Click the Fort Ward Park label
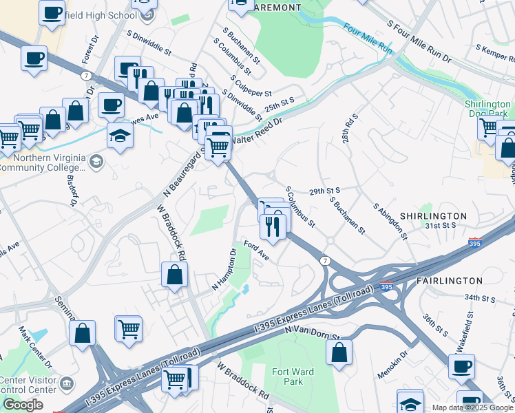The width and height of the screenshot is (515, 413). tap(293, 377)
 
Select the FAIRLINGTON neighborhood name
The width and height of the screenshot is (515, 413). tap(450, 281)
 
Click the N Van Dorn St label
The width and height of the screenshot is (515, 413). tap(312, 333)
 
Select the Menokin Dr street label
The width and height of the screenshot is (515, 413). tap(392, 366)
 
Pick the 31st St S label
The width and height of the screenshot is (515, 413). tap(441, 225)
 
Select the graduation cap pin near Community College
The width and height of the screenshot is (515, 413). tap(120, 135)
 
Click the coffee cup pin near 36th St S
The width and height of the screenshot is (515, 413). tap(461, 366)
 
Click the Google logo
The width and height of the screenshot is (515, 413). tap(23, 405)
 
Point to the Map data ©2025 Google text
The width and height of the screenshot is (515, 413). tap(472, 407)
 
